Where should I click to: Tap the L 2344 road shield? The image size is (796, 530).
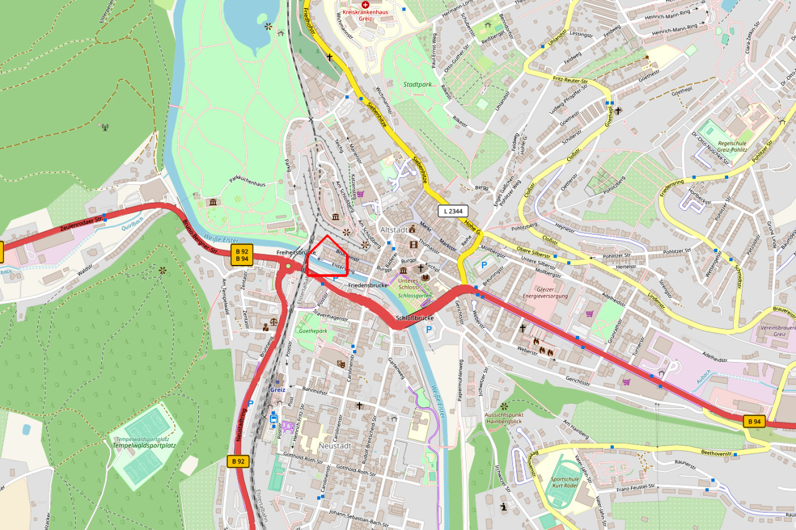[x=453, y=211]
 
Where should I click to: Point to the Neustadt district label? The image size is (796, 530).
[x=335, y=445]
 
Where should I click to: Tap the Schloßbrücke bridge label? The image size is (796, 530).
[x=414, y=318]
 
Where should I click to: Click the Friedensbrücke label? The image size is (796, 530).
[x=368, y=285]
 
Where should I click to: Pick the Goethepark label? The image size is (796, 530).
[x=313, y=332]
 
